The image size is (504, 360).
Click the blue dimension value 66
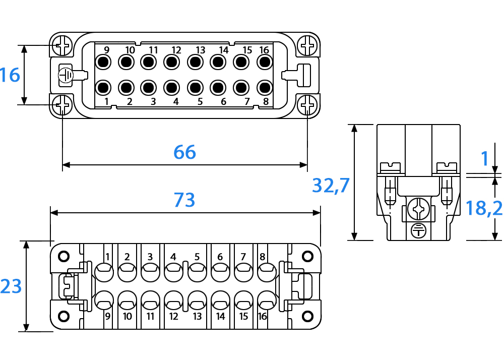tap(184, 152)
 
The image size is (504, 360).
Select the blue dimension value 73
tap(184, 200)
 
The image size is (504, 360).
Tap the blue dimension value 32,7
tap(331, 186)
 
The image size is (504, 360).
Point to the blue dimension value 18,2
tap(484, 208)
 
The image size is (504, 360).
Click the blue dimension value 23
tap(11, 286)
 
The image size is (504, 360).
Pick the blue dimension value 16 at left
tap(10, 75)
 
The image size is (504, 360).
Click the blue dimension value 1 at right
tap(485, 158)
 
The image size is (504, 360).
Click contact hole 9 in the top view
tap(103, 62)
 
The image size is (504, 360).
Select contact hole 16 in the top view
tap(265, 62)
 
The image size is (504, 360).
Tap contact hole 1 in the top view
tap(103, 87)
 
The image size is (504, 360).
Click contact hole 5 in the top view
tap(195, 87)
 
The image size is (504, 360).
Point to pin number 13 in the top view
tap(200, 50)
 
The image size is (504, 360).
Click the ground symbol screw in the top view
tap(66, 75)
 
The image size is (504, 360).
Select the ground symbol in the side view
tap(418, 230)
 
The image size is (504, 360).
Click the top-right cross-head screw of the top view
tap(307, 46)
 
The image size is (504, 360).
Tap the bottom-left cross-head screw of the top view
tap(62, 105)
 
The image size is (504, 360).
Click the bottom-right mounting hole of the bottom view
tap(307, 316)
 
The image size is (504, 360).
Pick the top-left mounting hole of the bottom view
tap(64, 256)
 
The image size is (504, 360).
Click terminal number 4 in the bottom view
tap(173, 257)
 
